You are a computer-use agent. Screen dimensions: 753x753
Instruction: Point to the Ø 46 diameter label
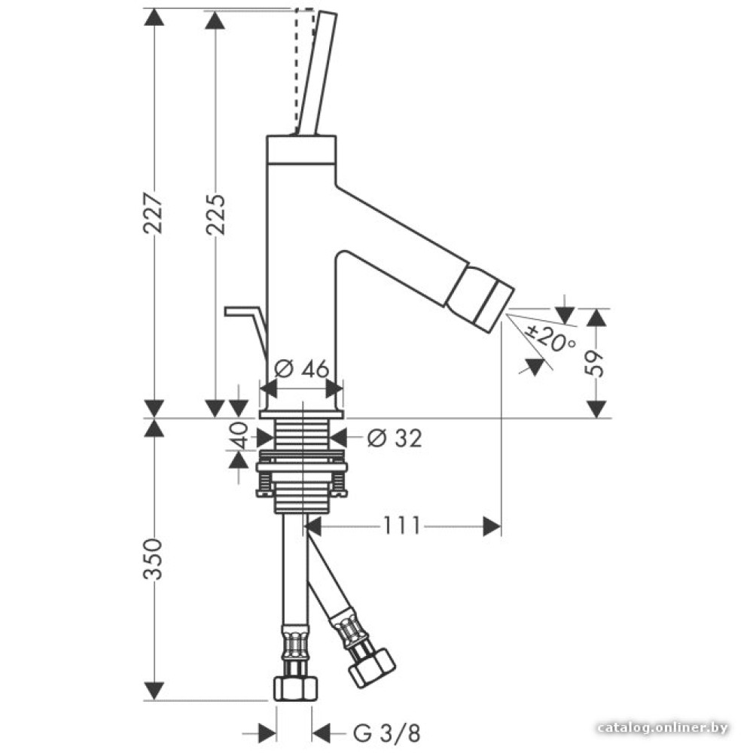point(301,370)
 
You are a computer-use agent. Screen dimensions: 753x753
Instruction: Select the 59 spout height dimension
point(596,362)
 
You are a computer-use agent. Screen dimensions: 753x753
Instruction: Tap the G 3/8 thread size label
point(386,732)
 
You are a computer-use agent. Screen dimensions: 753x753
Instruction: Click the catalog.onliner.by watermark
point(662,727)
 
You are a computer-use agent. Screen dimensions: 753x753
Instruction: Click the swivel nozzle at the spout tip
point(480,300)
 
